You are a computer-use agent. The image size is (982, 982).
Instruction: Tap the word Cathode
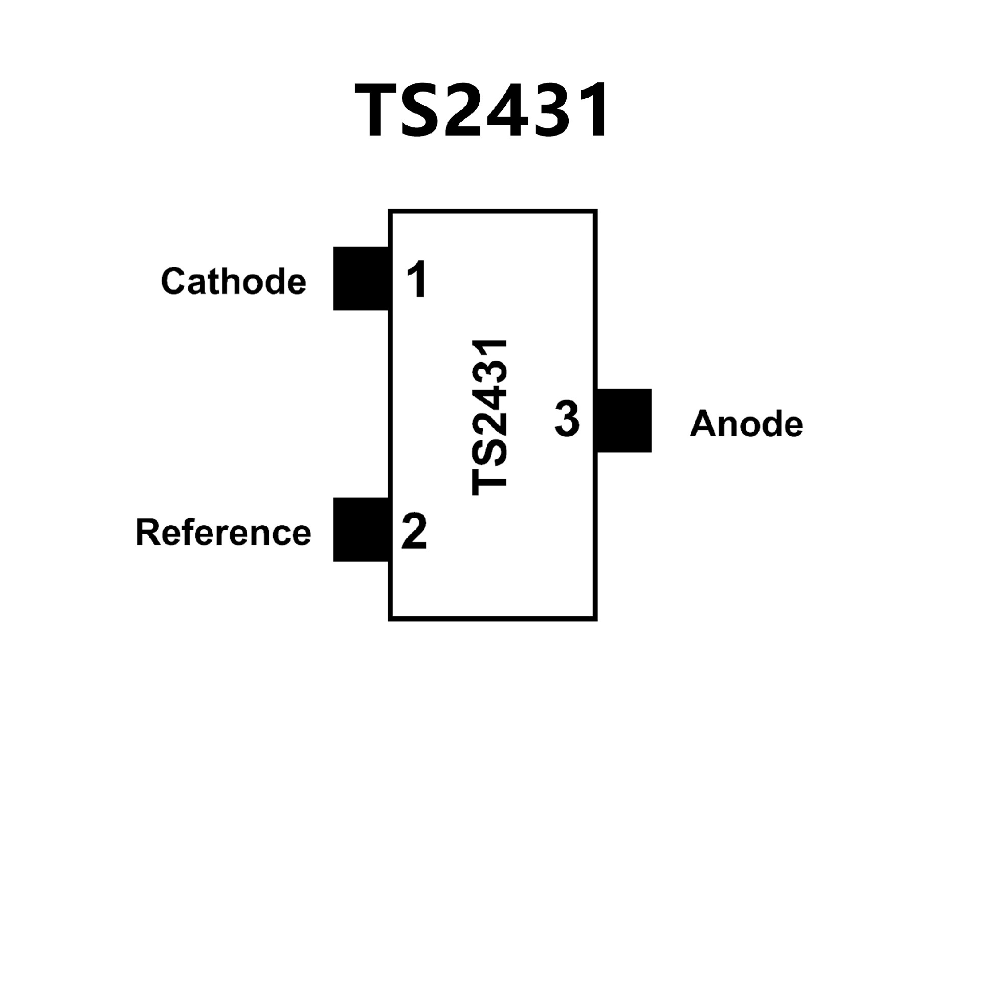tap(234, 281)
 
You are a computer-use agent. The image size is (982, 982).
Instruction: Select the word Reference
tap(224, 532)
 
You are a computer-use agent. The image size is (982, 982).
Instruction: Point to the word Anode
tap(746, 424)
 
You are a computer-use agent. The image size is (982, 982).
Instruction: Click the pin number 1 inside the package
tap(417, 279)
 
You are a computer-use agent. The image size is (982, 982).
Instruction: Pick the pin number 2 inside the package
tap(414, 531)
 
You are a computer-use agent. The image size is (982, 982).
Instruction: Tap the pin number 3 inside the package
tap(567, 419)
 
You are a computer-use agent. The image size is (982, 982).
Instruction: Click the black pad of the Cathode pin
tap(361, 278)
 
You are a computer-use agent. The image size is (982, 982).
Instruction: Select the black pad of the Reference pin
tap(361, 529)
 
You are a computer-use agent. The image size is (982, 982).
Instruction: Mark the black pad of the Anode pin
tap(624, 420)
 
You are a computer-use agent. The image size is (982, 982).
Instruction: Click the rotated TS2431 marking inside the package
tap(489, 417)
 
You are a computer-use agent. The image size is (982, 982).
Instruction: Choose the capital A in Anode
tap(703, 424)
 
